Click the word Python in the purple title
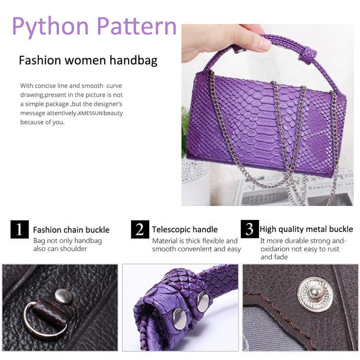50,27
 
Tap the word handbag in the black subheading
133,60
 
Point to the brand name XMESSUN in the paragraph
90,113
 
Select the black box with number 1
20,229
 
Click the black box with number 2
140,229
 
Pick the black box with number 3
250,229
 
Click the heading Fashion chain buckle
71,230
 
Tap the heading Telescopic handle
185,229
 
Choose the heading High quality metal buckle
306,229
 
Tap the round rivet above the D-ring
63,296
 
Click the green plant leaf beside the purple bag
184,133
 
